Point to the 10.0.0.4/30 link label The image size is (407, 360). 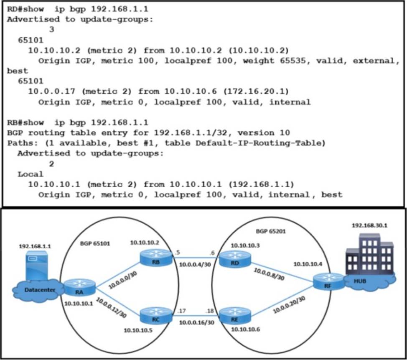pos(195,264)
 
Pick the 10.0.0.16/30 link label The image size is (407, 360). pos(195,322)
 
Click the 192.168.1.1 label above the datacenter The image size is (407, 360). pos(35,246)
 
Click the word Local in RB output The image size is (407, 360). pos(30,174)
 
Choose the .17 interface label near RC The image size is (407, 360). pos(181,311)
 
